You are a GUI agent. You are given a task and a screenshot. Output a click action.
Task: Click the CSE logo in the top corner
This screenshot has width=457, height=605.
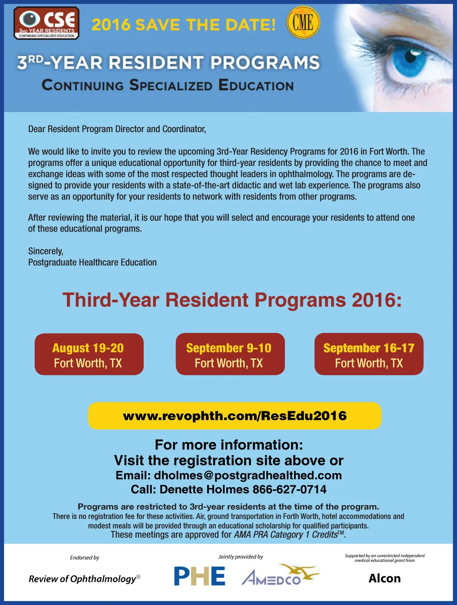[46, 23]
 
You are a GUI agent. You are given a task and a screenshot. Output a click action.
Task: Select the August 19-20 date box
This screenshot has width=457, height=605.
[89, 355]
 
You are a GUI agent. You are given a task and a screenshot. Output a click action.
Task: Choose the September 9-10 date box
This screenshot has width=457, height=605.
[230, 355]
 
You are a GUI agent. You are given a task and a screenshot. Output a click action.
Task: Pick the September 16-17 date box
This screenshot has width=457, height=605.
[369, 355]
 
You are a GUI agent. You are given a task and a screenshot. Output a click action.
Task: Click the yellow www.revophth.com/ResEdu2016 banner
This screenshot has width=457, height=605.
[235, 416]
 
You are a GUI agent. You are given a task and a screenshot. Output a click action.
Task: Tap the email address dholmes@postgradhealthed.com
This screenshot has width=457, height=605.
[248, 476]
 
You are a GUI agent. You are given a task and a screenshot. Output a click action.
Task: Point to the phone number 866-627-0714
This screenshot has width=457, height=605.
[289, 490]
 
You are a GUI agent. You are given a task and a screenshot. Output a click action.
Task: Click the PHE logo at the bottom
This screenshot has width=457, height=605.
[199, 576]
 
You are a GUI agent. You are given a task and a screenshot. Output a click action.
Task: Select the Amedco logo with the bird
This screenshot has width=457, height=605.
[279, 576]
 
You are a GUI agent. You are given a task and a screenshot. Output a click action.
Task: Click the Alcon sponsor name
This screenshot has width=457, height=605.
[385, 579]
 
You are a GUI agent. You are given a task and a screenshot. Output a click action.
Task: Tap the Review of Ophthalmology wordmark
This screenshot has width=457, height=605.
[84, 579]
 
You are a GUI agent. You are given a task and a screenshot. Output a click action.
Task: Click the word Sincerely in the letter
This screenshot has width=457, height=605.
[46, 251]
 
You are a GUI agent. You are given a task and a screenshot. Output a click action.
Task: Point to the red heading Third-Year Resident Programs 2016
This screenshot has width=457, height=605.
[232, 300]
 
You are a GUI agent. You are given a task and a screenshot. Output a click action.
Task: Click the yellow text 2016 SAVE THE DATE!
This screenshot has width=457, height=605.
[183, 25]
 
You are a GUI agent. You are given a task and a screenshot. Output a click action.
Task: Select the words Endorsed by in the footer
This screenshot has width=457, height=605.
[84, 558]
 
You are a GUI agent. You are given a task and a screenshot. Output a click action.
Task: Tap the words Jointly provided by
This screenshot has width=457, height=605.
[241, 557]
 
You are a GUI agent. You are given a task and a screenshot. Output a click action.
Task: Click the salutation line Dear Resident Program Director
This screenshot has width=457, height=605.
[117, 129]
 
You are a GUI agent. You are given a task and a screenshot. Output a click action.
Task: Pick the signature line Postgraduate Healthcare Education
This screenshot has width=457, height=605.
[92, 263]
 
